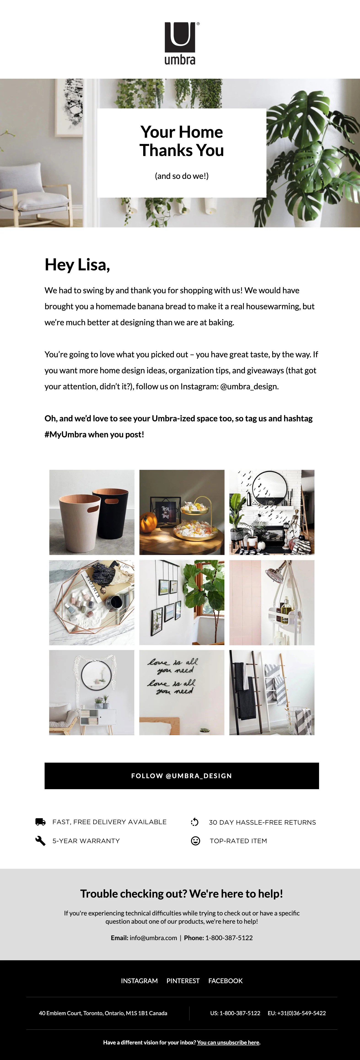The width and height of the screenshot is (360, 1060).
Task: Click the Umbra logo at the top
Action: coord(180,43)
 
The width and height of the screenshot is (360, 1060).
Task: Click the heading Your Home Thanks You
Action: coord(181,141)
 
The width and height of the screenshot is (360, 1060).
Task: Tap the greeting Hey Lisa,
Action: coord(77,265)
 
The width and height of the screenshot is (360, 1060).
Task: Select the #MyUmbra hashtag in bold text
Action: coord(65,435)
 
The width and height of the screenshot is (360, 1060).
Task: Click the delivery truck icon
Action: coord(40,822)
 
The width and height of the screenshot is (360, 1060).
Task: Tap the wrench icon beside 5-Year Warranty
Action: coord(40,841)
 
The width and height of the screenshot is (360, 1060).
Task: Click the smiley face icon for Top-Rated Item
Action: coord(195,841)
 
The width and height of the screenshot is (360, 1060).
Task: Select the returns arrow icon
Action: coord(195,822)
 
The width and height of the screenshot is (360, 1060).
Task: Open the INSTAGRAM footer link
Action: coord(139,981)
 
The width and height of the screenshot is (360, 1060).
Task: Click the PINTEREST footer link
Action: coord(183,981)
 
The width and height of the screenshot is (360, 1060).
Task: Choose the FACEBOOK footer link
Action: coord(226,981)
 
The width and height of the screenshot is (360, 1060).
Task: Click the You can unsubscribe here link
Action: coord(228,1042)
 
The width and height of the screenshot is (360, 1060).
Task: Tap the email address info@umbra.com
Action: coord(153,938)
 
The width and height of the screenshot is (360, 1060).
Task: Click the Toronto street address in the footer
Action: coord(103,1013)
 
